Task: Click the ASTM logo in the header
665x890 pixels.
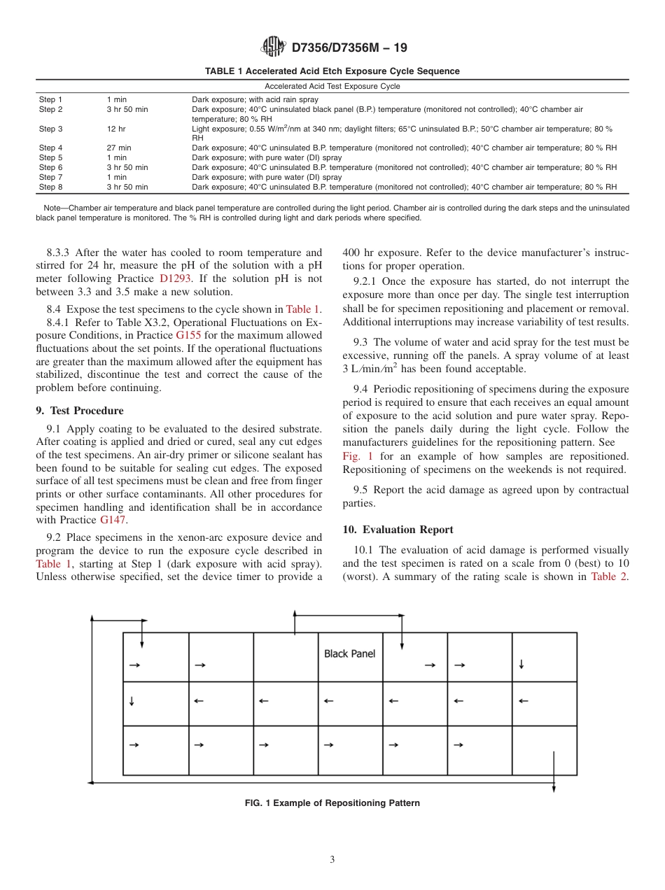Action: click(x=273, y=47)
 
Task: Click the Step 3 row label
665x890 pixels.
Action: click(x=50, y=129)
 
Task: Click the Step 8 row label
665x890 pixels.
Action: click(x=50, y=187)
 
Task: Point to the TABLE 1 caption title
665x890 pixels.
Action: click(x=332, y=71)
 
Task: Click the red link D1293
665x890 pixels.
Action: click(x=175, y=278)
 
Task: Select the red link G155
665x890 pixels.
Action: click(x=188, y=335)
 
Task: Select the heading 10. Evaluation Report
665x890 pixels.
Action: click(x=398, y=530)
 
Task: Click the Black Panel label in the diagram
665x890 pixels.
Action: click(x=349, y=654)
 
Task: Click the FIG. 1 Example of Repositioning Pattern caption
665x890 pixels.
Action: click(x=332, y=803)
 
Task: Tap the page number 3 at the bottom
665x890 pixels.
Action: click(x=332, y=860)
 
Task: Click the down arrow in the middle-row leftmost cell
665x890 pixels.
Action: click(x=132, y=700)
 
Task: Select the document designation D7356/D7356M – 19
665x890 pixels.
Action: click(x=349, y=48)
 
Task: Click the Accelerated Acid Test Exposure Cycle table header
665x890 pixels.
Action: click(x=332, y=86)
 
